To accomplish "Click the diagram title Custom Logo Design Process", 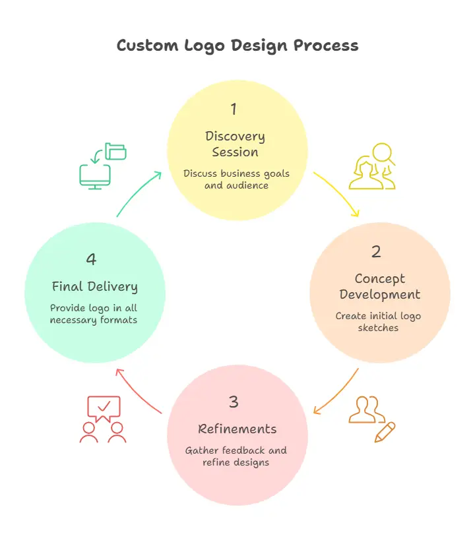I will tap(237, 45).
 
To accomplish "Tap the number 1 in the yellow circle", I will tap(234, 109).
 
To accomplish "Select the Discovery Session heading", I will tap(236, 144).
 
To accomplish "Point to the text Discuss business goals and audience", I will tap(236, 179).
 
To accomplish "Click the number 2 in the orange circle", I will tap(376, 251).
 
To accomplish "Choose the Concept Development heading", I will tap(379, 286).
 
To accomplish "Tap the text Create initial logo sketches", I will tap(378, 321).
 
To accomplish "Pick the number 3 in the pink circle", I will tap(234, 402).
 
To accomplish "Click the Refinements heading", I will tap(237, 429).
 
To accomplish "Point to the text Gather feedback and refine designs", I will tap(236, 456).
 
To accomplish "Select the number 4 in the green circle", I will tap(91, 260).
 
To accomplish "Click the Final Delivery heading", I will tap(95, 287).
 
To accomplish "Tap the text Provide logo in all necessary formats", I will tap(94, 314).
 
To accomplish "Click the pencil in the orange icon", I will tap(385, 432).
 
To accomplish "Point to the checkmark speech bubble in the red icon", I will tap(104, 408).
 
